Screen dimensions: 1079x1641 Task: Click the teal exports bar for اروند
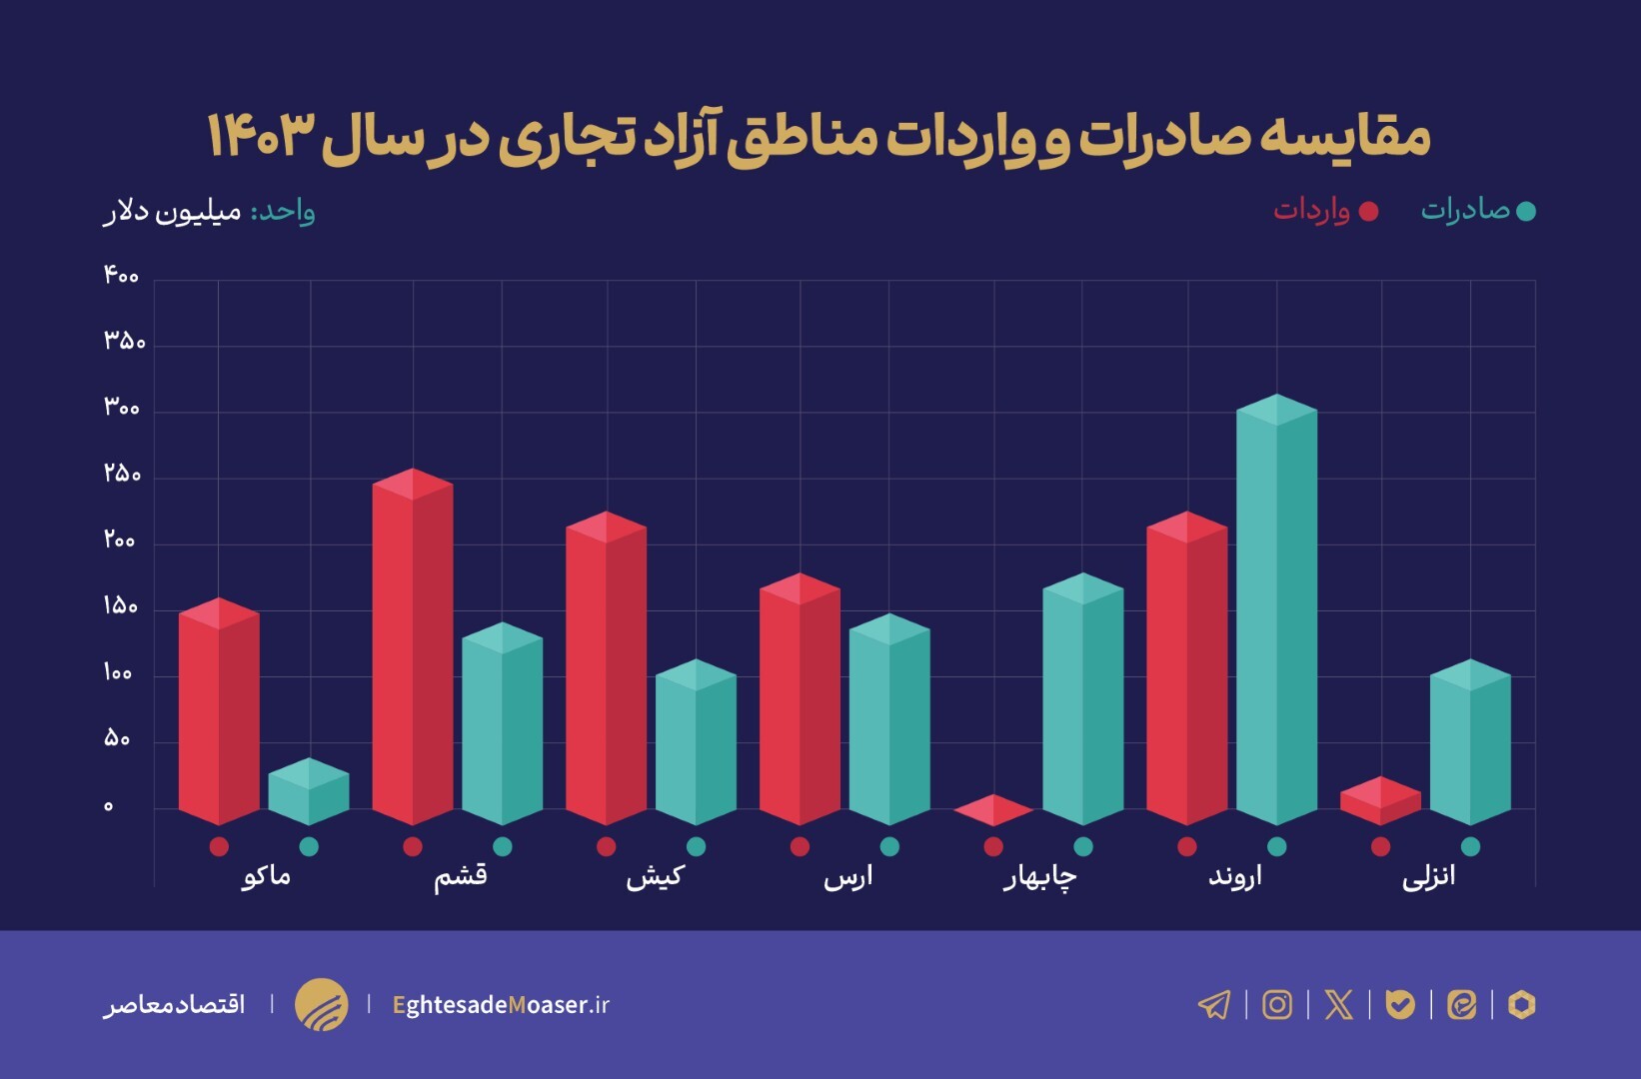pos(1276,614)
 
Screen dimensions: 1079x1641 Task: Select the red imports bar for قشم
pos(412,649)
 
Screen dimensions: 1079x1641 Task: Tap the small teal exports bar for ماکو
pos(309,792)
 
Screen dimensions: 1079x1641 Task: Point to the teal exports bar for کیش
pos(696,744)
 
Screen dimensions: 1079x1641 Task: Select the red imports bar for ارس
pos(800,699)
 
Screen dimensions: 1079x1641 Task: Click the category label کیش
pos(655,876)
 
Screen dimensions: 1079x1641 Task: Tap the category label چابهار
pos(1040,877)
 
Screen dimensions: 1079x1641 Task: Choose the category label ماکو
pos(267,876)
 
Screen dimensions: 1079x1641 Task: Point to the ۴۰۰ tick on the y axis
pos(121,276)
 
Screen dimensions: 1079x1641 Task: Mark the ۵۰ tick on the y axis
pos(117,739)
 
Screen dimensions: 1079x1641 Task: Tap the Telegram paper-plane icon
pos(1214,1004)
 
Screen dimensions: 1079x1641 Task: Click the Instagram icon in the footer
pos(1276,1004)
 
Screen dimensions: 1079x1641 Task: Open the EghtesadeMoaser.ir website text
pos(501,1004)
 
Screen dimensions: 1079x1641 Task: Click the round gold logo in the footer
pos(321,1004)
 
